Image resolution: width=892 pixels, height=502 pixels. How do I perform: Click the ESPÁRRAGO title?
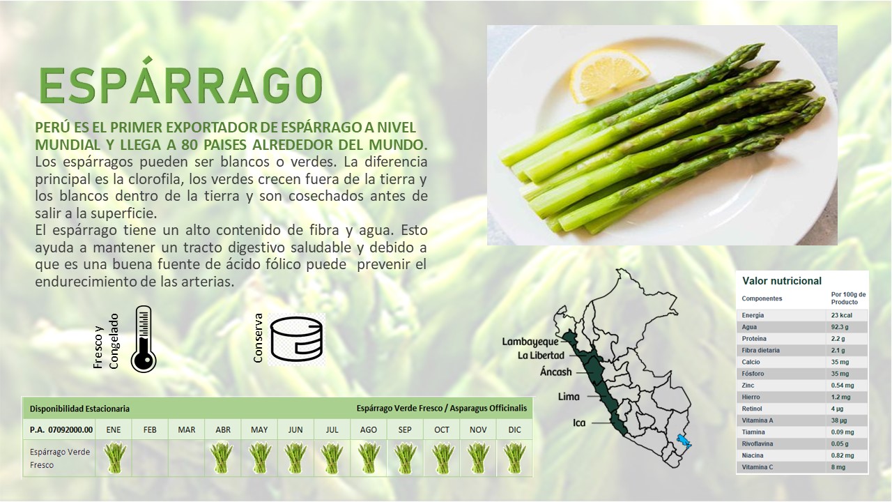point(180,82)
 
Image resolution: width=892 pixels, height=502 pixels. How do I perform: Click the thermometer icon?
point(144,339)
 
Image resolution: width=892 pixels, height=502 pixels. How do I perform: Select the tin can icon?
point(297,339)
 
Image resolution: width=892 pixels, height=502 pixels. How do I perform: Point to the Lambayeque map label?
point(530,342)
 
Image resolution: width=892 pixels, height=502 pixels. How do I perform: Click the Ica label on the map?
point(579,423)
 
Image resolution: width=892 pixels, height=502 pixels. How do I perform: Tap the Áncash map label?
point(556,372)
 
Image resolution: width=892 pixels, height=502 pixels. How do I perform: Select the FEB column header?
point(150,430)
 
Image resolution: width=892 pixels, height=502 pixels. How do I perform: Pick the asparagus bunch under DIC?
point(514,458)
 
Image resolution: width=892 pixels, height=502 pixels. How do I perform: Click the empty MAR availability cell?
point(186,458)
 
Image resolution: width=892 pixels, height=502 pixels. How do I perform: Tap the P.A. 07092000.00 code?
point(61,430)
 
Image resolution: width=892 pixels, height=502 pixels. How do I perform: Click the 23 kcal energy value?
point(841,315)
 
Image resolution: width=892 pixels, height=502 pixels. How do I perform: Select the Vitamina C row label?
point(757,467)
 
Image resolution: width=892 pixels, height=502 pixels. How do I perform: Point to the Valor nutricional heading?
point(782,281)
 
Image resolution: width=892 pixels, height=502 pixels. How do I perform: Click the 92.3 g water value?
point(840,327)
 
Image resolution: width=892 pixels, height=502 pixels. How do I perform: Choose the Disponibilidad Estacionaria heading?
point(79,409)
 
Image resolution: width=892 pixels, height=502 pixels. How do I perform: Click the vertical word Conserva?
point(258,338)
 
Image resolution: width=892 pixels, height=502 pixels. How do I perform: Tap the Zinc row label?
point(748,386)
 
